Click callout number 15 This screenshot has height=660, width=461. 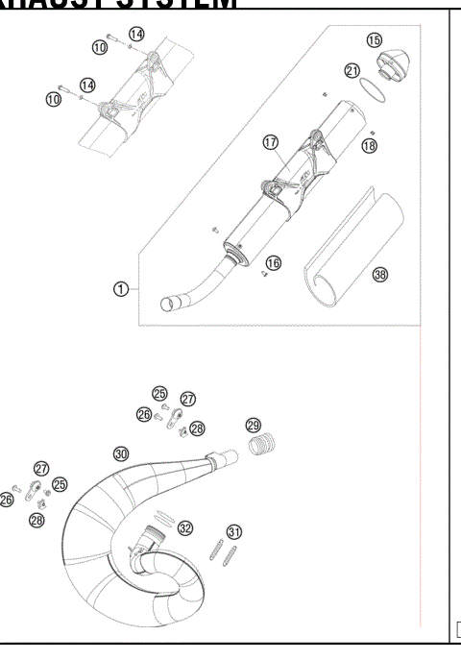click(x=375, y=39)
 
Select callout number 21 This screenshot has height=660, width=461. click(x=352, y=71)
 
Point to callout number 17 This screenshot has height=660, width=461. click(x=270, y=142)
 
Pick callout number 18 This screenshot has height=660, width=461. click(x=369, y=145)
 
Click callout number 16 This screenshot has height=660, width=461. click(x=274, y=262)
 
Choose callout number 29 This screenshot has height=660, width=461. click(x=253, y=426)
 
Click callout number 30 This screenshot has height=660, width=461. click(x=120, y=452)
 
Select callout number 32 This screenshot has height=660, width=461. click(x=185, y=527)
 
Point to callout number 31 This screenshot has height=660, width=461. click(x=233, y=531)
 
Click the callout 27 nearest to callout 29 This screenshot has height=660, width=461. click(x=188, y=399)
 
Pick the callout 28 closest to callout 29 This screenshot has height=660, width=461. click(x=197, y=428)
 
